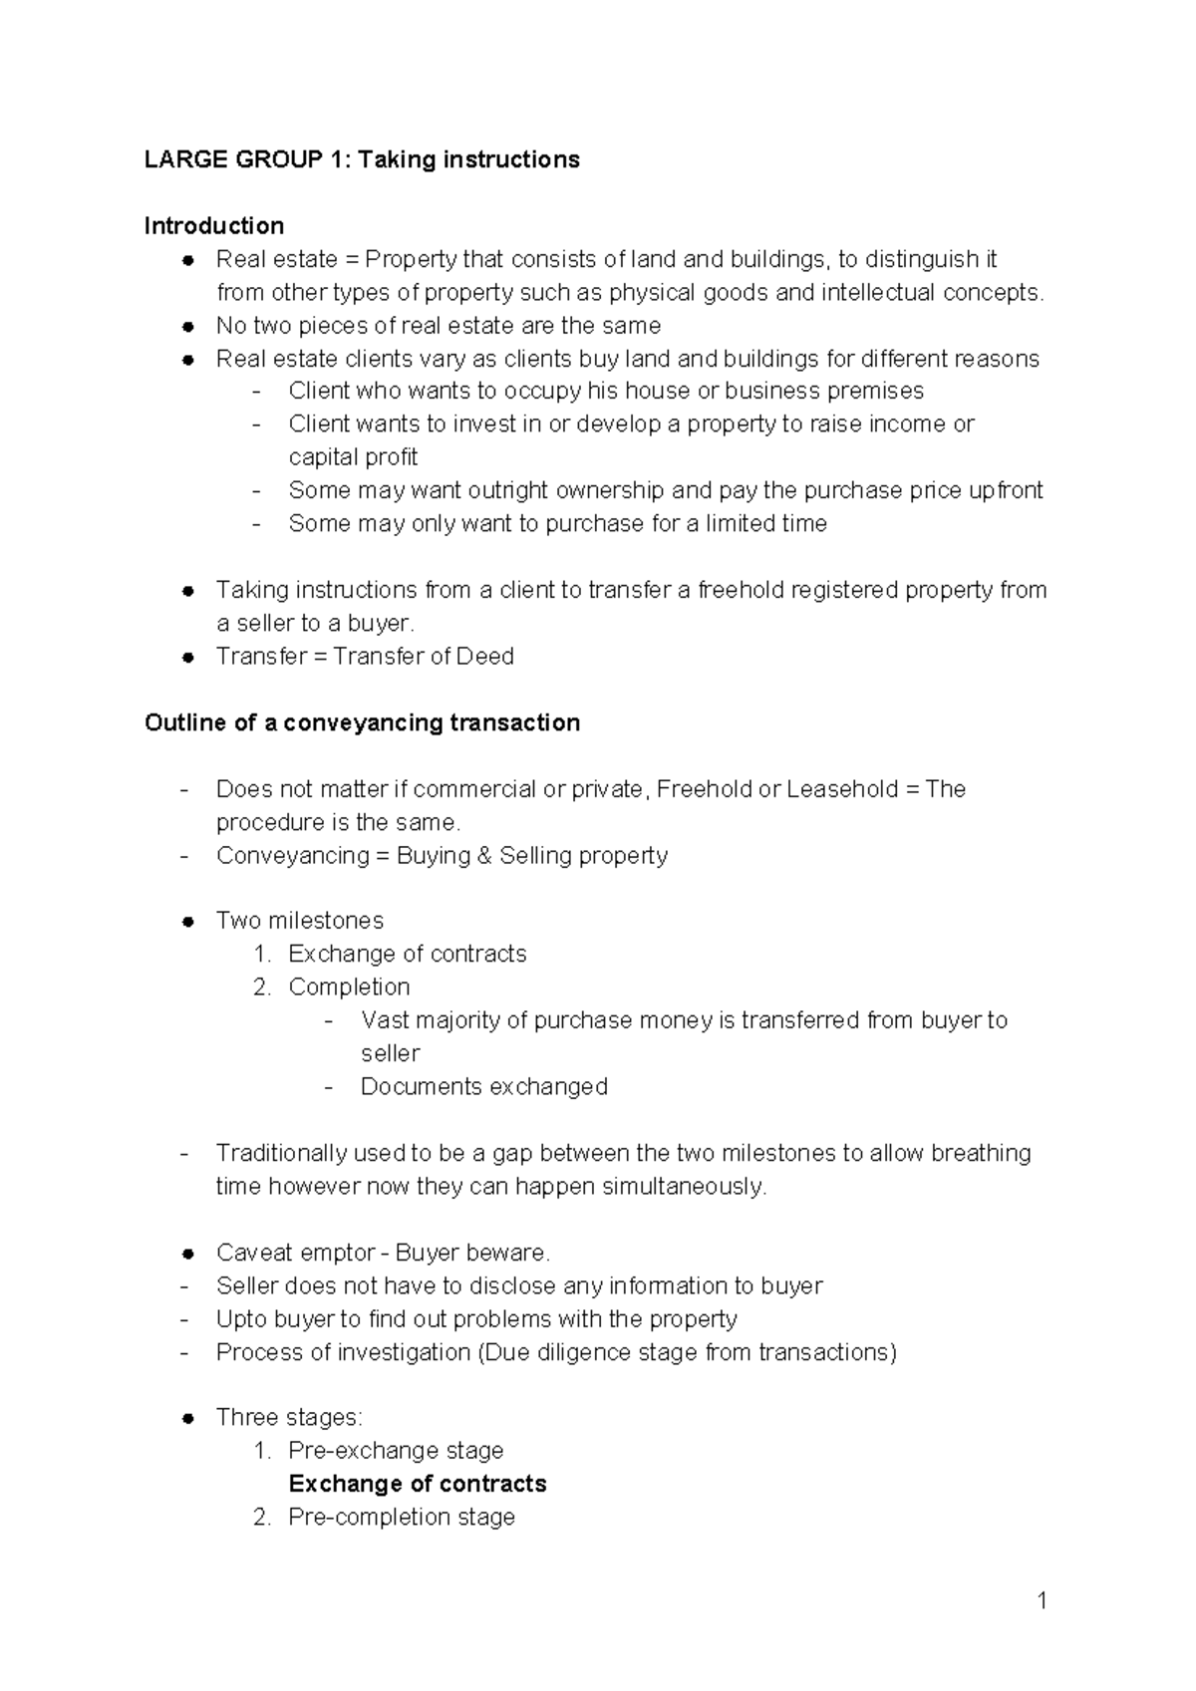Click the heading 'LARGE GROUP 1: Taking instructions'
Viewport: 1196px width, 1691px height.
point(362,159)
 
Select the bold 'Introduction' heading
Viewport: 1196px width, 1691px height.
point(213,225)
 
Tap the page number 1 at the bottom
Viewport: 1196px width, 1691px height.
point(1042,1601)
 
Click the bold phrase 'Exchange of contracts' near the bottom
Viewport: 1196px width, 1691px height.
point(417,1484)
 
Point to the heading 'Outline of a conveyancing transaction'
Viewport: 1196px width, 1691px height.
point(362,722)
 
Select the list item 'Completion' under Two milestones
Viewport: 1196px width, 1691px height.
point(349,986)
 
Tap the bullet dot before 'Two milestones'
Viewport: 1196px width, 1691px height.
point(186,922)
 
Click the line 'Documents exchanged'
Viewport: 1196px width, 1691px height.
point(483,1086)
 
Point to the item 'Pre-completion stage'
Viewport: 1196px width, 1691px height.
point(401,1517)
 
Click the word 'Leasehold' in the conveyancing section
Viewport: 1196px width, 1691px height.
point(841,789)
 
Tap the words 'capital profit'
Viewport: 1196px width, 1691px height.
point(353,457)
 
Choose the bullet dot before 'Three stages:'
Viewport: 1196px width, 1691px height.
point(186,1419)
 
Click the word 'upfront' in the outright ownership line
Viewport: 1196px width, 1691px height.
point(1002,490)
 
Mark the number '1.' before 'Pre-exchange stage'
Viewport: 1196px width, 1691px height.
point(262,1451)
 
